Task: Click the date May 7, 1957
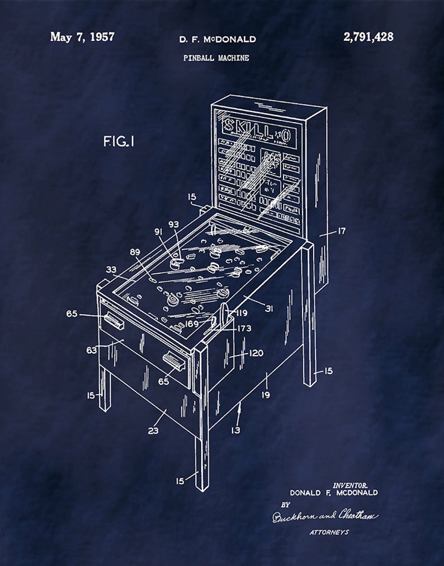coord(82,37)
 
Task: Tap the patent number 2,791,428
coord(369,37)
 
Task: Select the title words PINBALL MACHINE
coord(216,58)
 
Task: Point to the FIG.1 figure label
coord(119,142)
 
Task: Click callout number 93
coord(174,224)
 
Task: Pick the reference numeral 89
coord(135,252)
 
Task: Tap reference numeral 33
coord(111,269)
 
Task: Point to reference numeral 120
coord(256,353)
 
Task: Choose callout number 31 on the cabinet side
coord(268,308)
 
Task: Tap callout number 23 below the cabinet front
coord(153,431)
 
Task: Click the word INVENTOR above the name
coord(350,485)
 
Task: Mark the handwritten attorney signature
coord(324,516)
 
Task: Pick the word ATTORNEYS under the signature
coord(329,532)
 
